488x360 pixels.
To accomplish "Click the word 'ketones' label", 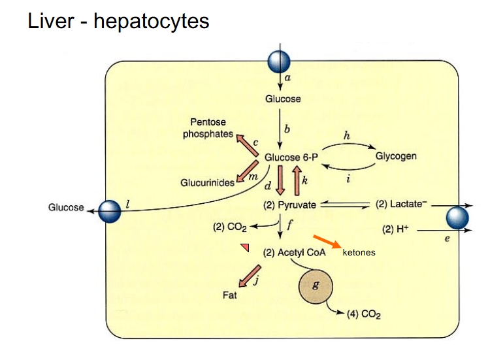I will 359,252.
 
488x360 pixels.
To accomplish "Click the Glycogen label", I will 396,157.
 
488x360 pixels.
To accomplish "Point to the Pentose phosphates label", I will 208,128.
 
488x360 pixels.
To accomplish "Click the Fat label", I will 230,295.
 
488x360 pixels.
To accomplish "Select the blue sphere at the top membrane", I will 280,62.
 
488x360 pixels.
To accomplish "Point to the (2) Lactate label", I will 401,205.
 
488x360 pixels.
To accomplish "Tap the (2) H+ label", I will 397,230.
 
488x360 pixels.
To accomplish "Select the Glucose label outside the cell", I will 66,208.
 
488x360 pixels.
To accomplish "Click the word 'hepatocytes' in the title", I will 152,21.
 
